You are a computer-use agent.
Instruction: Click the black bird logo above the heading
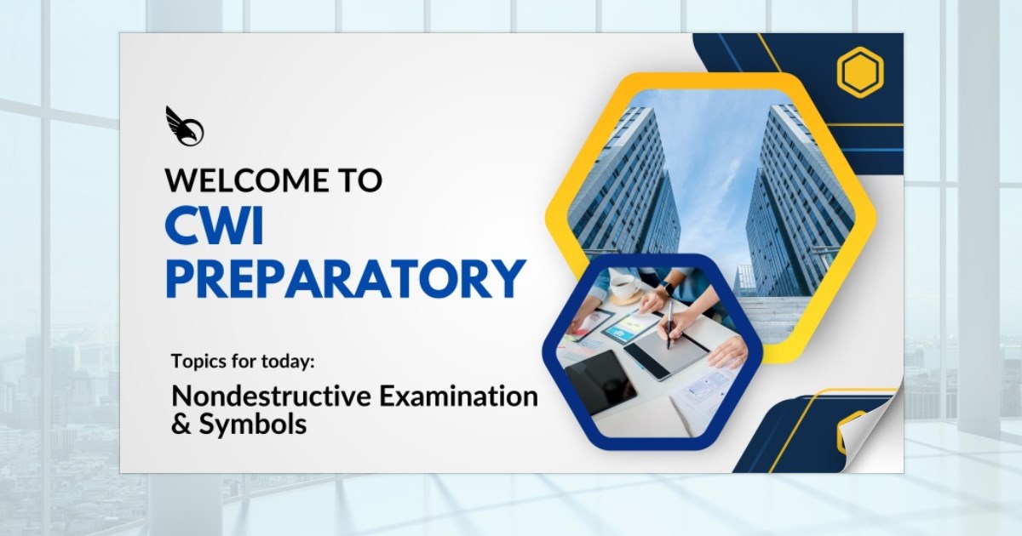[x=184, y=126]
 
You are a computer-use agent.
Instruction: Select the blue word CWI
[x=215, y=227]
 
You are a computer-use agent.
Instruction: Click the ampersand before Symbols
[x=181, y=425]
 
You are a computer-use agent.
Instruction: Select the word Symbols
[x=253, y=425]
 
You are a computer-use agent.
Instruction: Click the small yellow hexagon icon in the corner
[x=859, y=71]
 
